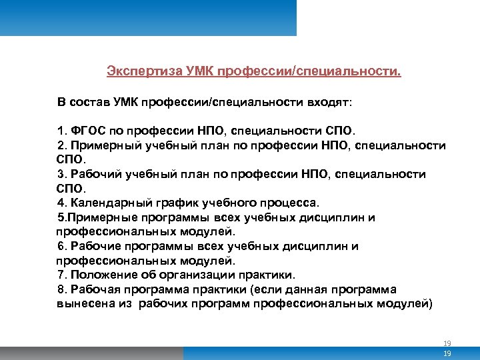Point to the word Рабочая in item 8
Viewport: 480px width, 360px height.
pos(94,290)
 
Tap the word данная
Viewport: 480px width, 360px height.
pos(298,290)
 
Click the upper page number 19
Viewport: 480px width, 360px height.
pos(447,343)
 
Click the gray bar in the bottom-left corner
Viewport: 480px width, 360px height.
pos(90,353)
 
